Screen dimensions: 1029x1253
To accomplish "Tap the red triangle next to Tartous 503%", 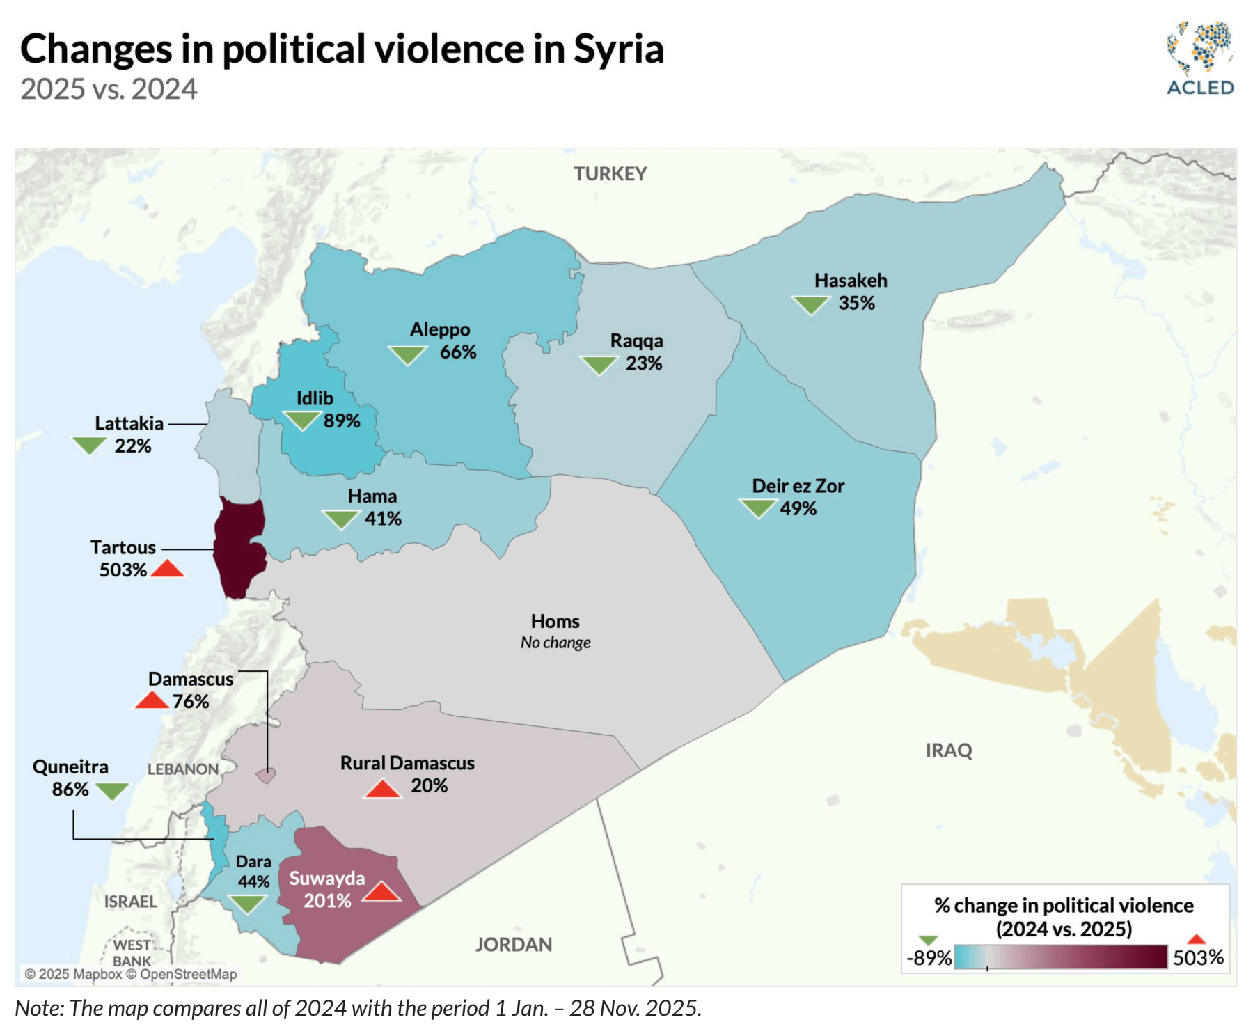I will [x=167, y=570].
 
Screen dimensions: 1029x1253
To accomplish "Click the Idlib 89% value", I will [x=342, y=421].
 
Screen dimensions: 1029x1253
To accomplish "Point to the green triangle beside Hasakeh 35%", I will [x=811, y=304].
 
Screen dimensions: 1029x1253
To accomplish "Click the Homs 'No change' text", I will [x=555, y=643].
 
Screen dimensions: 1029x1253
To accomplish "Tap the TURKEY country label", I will [x=610, y=174].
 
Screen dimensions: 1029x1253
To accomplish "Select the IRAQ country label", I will [x=949, y=751].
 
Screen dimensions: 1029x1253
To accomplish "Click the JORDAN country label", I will [x=514, y=945].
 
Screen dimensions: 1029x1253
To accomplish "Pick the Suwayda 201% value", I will [x=327, y=901].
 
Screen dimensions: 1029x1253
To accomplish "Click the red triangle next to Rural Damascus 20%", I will [x=382, y=789].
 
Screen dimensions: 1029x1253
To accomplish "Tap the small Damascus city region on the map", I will [x=266, y=775].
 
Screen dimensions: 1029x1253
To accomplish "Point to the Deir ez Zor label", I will [x=798, y=486].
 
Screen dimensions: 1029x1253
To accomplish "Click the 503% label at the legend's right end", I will [x=1198, y=958].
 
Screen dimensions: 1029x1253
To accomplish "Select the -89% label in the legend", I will [x=929, y=958].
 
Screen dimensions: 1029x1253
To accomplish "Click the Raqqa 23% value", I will [x=644, y=363].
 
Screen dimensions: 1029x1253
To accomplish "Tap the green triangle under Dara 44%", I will [x=248, y=904].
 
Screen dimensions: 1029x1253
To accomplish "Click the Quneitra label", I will [x=70, y=767].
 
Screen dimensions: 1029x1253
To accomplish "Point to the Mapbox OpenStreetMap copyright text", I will [x=131, y=974].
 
